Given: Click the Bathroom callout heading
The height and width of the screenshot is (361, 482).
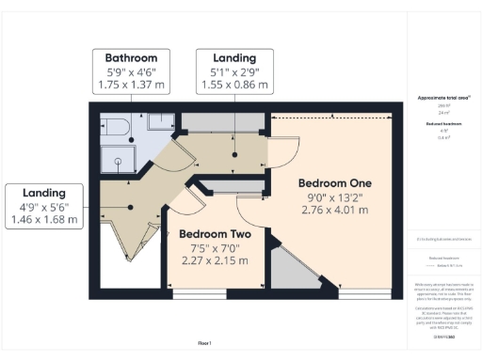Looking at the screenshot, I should click(137, 56).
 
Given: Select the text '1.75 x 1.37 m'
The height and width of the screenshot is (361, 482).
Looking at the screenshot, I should click(137, 85).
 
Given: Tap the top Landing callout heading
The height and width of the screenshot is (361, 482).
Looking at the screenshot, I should click(234, 56).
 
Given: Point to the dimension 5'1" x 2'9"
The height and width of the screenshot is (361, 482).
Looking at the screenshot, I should click(234, 71).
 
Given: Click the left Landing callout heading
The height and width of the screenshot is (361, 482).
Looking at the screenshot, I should click(43, 193).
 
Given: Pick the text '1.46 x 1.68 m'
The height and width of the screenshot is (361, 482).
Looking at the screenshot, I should click(43, 221).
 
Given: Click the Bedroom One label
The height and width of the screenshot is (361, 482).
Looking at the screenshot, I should click(335, 181).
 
